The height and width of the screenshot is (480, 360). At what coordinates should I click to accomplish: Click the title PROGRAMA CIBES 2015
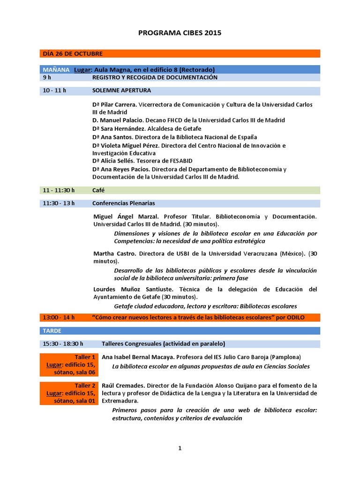(x=180, y=33)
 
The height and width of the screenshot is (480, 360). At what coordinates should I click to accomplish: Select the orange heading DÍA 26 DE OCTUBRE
(x=73, y=53)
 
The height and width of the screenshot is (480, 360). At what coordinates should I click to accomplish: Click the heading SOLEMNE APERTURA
(x=121, y=90)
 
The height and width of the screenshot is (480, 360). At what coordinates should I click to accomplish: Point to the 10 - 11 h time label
(x=54, y=90)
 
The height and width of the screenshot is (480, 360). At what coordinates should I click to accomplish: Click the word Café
(x=98, y=190)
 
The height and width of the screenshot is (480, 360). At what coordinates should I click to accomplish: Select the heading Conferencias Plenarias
(x=123, y=203)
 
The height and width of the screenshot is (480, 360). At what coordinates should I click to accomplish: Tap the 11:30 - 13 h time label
(x=59, y=203)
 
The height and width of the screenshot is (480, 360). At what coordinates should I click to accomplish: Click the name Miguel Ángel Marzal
(x=126, y=217)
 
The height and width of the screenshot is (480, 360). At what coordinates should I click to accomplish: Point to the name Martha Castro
(x=114, y=254)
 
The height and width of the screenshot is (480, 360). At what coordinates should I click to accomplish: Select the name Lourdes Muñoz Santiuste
(x=133, y=289)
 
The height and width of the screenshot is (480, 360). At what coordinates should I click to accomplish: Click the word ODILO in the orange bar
(x=295, y=317)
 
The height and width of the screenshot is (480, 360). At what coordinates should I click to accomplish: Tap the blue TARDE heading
(x=52, y=330)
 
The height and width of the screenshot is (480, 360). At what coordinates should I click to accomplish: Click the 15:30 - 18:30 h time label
(x=63, y=344)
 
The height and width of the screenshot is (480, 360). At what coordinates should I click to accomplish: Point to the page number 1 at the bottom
(x=180, y=448)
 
